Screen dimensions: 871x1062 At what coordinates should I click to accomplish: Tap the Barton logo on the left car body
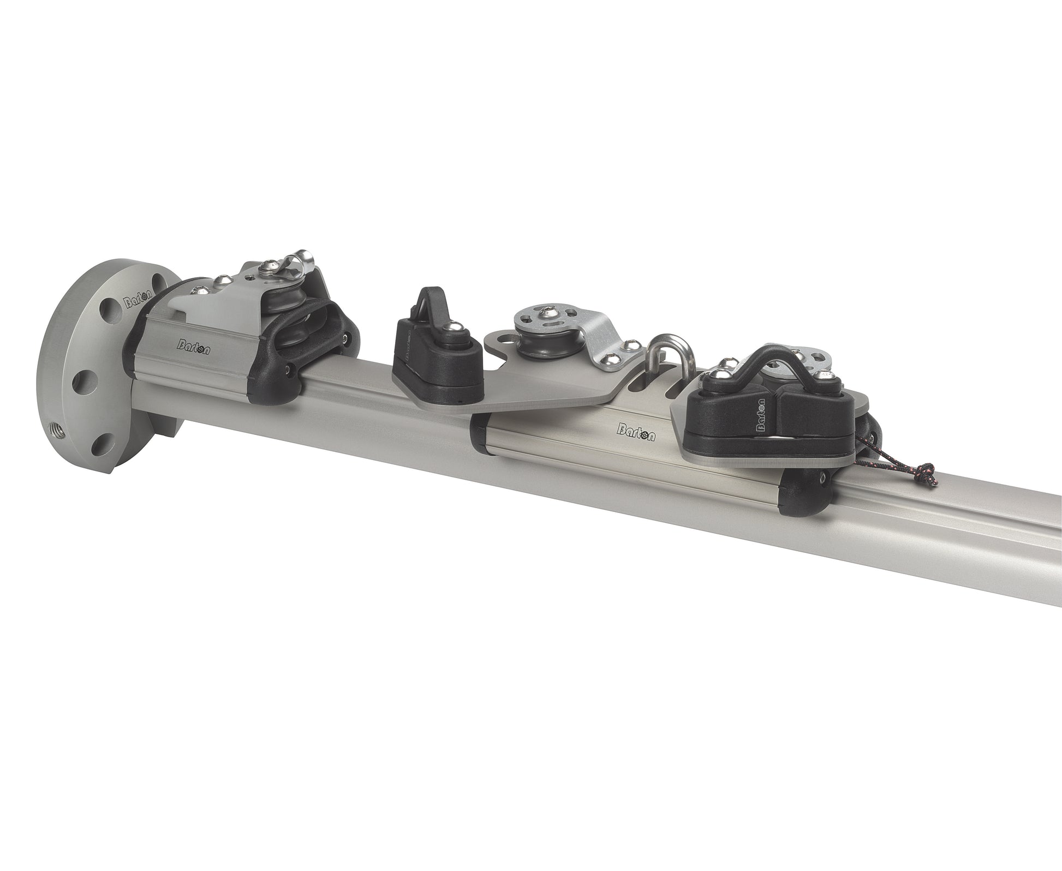194,345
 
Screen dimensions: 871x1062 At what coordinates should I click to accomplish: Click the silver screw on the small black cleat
454,343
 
